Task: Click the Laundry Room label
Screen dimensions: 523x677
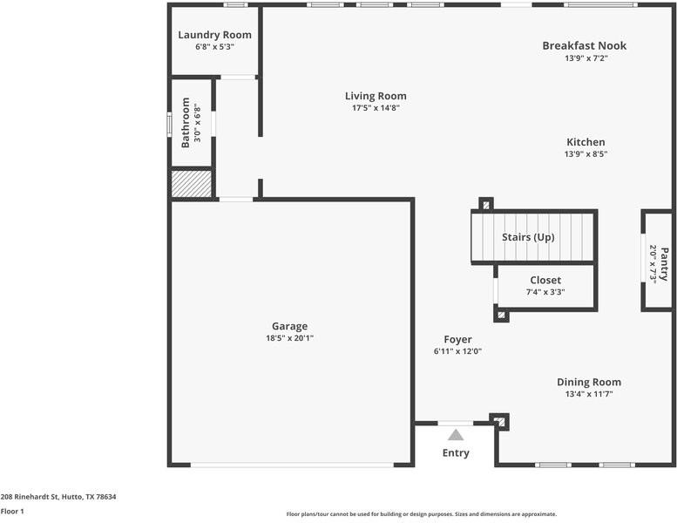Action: pyautogui.click(x=214, y=35)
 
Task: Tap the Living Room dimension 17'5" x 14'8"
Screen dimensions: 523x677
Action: pyautogui.click(x=375, y=108)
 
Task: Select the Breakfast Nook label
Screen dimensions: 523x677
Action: pyautogui.click(x=584, y=45)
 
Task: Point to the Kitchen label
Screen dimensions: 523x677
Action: pyautogui.click(x=586, y=142)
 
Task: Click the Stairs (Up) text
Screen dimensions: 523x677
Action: pyautogui.click(x=528, y=237)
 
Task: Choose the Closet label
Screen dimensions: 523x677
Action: pyautogui.click(x=545, y=280)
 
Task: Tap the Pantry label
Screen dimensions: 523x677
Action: pyautogui.click(x=664, y=264)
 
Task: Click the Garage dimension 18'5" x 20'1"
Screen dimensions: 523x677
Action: pyautogui.click(x=289, y=338)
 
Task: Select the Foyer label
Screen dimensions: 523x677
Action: pyautogui.click(x=457, y=339)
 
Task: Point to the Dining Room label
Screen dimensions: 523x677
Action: pyautogui.click(x=589, y=382)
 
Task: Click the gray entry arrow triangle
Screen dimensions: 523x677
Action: pyautogui.click(x=456, y=434)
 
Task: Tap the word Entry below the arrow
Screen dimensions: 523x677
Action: pyautogui.click(x=456, y=452)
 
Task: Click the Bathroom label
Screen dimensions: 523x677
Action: pyautogui.click(x=186, y=122)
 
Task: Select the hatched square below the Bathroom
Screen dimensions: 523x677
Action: pyautogui.click(x=191, y=183)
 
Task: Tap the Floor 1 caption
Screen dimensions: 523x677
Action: pyautogui.click(x=12, y=512)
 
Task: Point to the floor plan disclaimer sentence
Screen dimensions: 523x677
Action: pyautogui.click(x=421, y=514)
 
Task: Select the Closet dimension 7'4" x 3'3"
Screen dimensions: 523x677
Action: pyautogui.click(x=545, y=292)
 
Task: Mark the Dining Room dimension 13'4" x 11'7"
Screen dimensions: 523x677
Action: pyautogui.click(x=589, y=394)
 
